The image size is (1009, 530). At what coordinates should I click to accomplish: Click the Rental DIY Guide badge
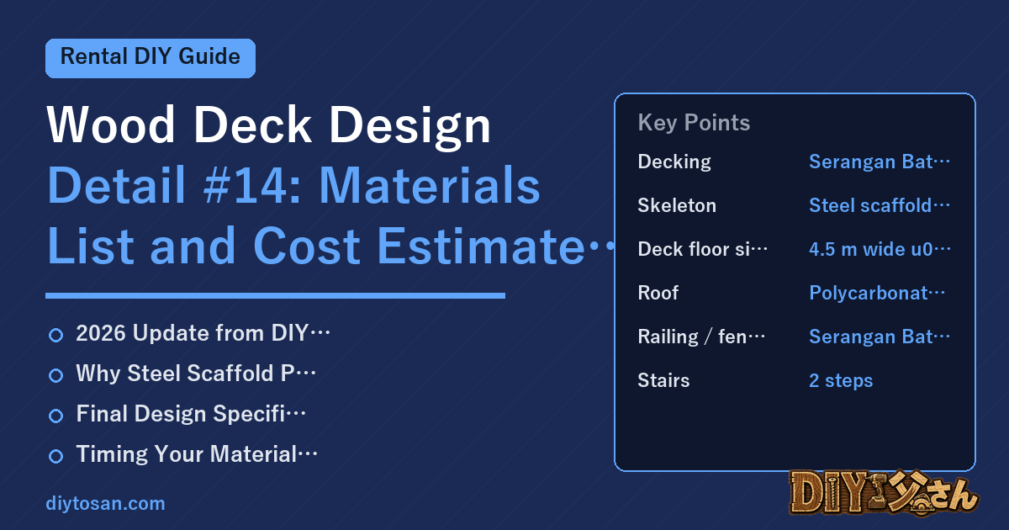(151, 58)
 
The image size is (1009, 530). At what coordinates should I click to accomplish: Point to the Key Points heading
(694, 123)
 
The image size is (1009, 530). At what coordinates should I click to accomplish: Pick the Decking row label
(674, 162)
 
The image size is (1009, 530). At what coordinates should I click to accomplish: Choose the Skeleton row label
(677, 205)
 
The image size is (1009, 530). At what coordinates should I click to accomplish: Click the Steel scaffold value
(880, 205)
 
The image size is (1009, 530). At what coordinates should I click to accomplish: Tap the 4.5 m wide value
(880, 249)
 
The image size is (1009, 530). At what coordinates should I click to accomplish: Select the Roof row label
(658, 293)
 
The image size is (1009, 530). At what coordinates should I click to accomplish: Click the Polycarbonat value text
(877, 294)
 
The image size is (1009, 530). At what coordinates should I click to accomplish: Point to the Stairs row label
(663, 380)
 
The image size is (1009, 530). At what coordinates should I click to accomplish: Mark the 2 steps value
(841, 381)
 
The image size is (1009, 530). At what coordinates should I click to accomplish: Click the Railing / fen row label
(701, 337)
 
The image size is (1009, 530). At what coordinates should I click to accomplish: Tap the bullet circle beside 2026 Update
(55, 336)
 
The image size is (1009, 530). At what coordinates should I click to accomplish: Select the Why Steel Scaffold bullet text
(196, 374)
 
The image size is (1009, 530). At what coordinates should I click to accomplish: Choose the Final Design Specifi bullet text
(191, 414)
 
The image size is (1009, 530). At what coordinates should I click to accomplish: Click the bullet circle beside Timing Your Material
(55, 456)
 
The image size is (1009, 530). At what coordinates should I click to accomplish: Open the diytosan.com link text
(105, 503)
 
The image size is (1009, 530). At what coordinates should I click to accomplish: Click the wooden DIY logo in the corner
(884, 493)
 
